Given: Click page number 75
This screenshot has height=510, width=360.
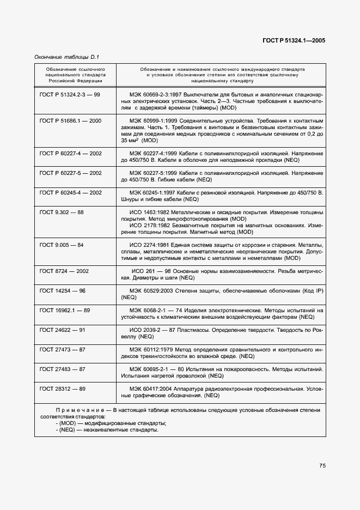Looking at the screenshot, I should (x=322, y=465).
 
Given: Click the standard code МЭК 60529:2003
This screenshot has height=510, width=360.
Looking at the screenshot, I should (x=149, y=291).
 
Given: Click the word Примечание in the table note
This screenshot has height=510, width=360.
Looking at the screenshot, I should (x=74, y=410).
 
